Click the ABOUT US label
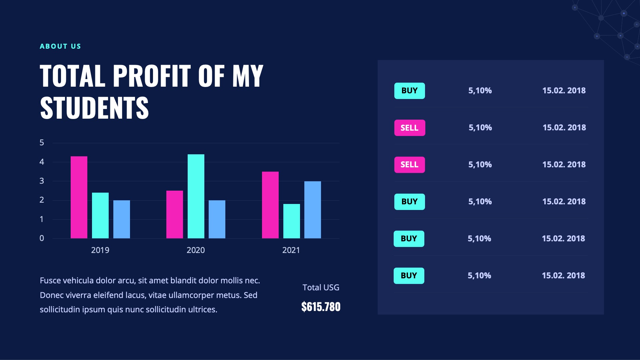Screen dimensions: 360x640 pyautogui.click(x=60, y=46)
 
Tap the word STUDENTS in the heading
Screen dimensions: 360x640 pyautogui.click(x=94, y=108)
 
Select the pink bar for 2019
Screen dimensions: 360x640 pyautogui.click(x=79, y=197)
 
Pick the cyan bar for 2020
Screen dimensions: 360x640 pyautogui.click(x=196, y=196)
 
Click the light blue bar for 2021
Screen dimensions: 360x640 pyautogui.click(x=313, y=210)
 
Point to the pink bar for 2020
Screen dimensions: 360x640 pyautogui.click(x=175, y=214)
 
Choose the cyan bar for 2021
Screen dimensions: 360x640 pyautogui.click(x=292, y=221)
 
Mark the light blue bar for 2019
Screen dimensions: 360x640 pyautogui.click(x=122, y=219)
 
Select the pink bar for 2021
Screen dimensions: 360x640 pyautogui.click(x=270, y=205)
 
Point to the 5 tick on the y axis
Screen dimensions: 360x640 pyautogui.click(x=42, y=143)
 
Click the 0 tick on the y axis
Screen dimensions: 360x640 pyautogui.click(x=42, y=238)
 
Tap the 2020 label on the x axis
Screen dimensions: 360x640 pyautogui.click(x=196, y=250)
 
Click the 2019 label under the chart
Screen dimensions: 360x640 pyautogui.click(x=100, y=250)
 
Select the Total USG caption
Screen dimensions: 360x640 pyautogui.click(x=321, y=287)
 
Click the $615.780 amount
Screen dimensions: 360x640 pyautogui.click(x=321, y=307)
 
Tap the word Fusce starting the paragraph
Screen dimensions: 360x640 pyautogui.click(x=50, y=281)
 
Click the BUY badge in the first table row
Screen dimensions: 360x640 pyautogui.click(x=410, y=91)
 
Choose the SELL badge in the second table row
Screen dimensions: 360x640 pyautogui.click(x=410, y=128)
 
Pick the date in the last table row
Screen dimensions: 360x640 pyautogui.click(x=563, y=276)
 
